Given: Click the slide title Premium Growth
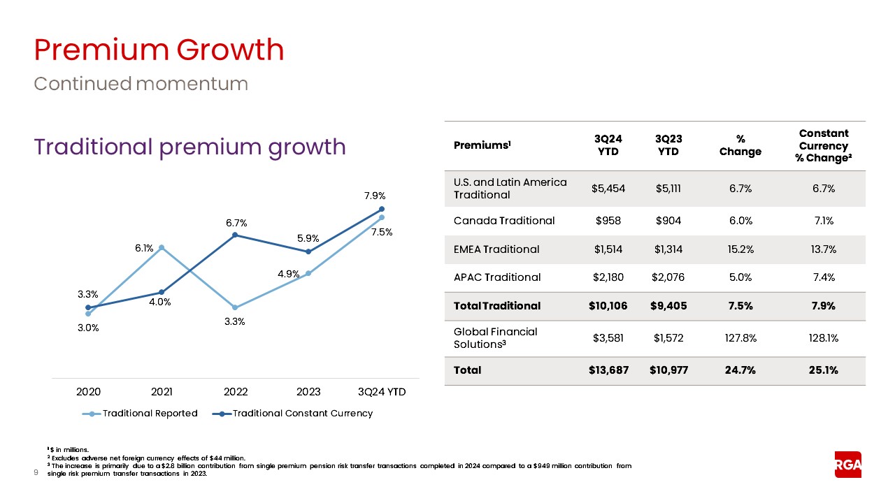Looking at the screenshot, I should coord(159,50).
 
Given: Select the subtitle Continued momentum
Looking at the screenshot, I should coord(141,84).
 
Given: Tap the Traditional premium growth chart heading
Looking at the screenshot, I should coord(189,147).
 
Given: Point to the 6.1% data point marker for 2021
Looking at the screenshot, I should coord(162,247).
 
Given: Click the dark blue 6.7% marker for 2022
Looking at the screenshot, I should coord(235,235).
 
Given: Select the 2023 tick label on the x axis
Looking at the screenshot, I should coord(308,392).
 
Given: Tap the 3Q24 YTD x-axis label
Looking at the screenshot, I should coord(382,392).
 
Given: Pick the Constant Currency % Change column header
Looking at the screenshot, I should coord(823,146).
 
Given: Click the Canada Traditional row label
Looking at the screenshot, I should coord(504,221).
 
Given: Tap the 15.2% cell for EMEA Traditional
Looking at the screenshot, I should coord(740,249).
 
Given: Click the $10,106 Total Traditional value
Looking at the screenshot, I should coord(606,305).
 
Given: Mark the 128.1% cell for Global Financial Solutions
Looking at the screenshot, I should coord(823,338).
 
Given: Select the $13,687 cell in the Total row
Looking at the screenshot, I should coord(606,370).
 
